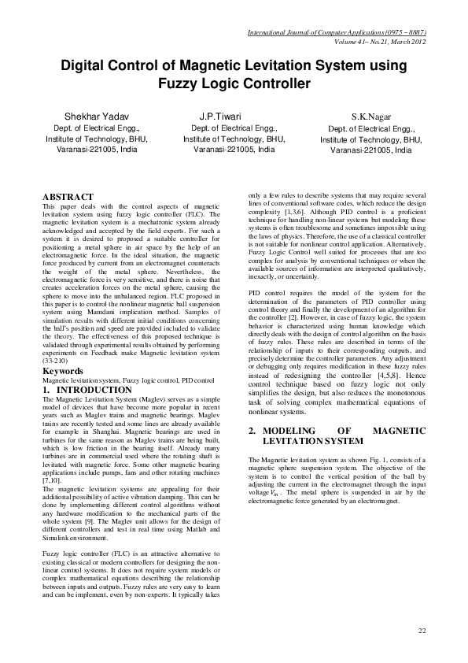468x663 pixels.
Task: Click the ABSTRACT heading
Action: coord(68,197)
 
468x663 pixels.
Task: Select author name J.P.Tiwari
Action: coord(221,117)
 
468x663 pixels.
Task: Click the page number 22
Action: coord(422,631)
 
